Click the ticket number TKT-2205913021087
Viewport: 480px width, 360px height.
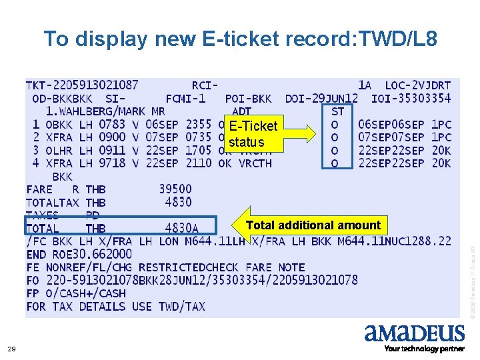click(82, 85)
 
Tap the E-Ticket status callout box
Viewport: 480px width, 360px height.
click(253, 133)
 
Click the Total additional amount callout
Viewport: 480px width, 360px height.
click(312, 225)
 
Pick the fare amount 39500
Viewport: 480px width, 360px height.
click(175, 189)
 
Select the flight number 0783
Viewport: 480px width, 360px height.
click(112, 125)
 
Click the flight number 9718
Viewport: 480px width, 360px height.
click(112, 163)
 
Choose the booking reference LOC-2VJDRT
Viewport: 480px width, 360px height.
click(418, 85)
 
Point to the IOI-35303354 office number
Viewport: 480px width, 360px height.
click(411, 99)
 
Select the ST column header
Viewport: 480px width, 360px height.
click(337, 111)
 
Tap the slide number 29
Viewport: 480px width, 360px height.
click(11, 349)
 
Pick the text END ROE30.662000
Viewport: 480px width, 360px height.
click(79, 254)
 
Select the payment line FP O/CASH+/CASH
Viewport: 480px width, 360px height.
click(75, 293)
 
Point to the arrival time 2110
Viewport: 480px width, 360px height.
click(198, 163)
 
